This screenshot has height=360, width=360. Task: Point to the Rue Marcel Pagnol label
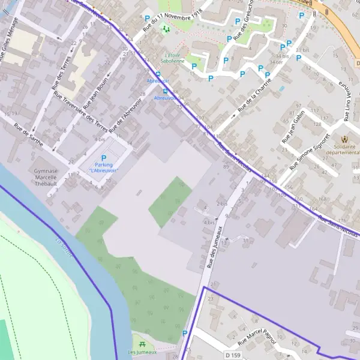tap(257, 340)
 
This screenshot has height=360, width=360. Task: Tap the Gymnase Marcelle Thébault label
tap(46, 177)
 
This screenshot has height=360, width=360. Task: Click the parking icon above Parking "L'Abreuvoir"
tap(103, 158)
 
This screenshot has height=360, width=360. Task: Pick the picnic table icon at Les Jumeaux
tap(142, 344)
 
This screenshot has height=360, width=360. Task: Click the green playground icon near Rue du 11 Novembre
tap(166, 28)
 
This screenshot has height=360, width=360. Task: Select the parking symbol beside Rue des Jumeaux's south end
tap(185, 334)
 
